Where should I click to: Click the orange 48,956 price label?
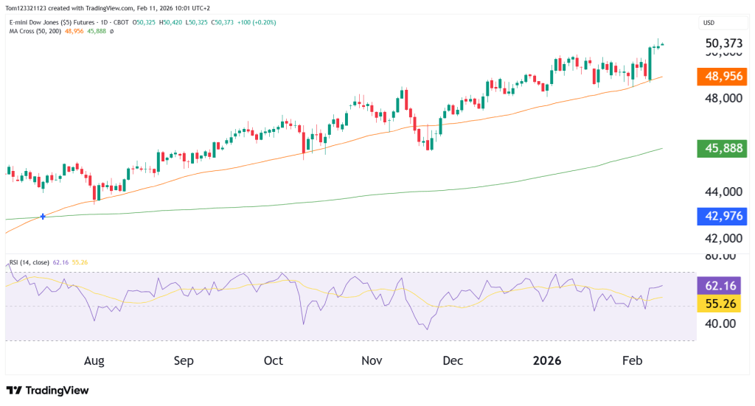(721, 76)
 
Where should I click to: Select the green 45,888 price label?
(721, 149)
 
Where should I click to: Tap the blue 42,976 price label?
(721, 216)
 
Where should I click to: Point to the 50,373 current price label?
(723, 44)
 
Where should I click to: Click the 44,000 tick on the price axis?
(722, 192)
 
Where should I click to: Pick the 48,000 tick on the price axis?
(722, 98)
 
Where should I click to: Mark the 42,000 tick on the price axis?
(722, 239)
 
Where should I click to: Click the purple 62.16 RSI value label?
(723, 285)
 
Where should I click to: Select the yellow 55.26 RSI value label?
(723, 303)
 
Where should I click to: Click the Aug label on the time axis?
(94, 361)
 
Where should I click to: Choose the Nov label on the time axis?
(372, 361)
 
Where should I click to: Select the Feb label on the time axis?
(633, 361)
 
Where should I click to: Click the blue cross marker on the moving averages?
(43, 216)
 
